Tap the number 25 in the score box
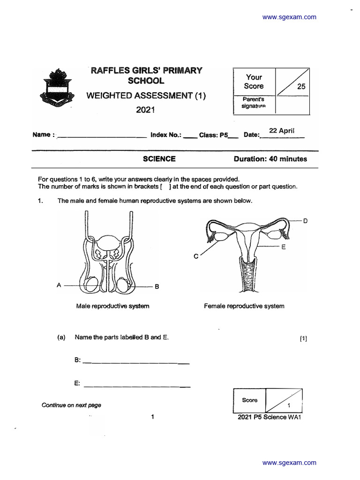coord(300,87)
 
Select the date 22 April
coord(281,131)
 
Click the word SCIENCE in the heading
coord(159,159)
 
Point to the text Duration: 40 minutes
coord(270,159)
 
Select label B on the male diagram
coord(157,287)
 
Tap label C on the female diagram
coord(196,256)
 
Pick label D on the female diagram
coord(305,221)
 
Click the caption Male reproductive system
coord(112,306)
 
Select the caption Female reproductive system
coord(244,306)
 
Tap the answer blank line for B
coord(136,363)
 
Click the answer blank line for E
coord(136,386)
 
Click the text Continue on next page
coord(71,405)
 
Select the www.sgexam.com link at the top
coord(289,17)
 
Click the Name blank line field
coord(101,137)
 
